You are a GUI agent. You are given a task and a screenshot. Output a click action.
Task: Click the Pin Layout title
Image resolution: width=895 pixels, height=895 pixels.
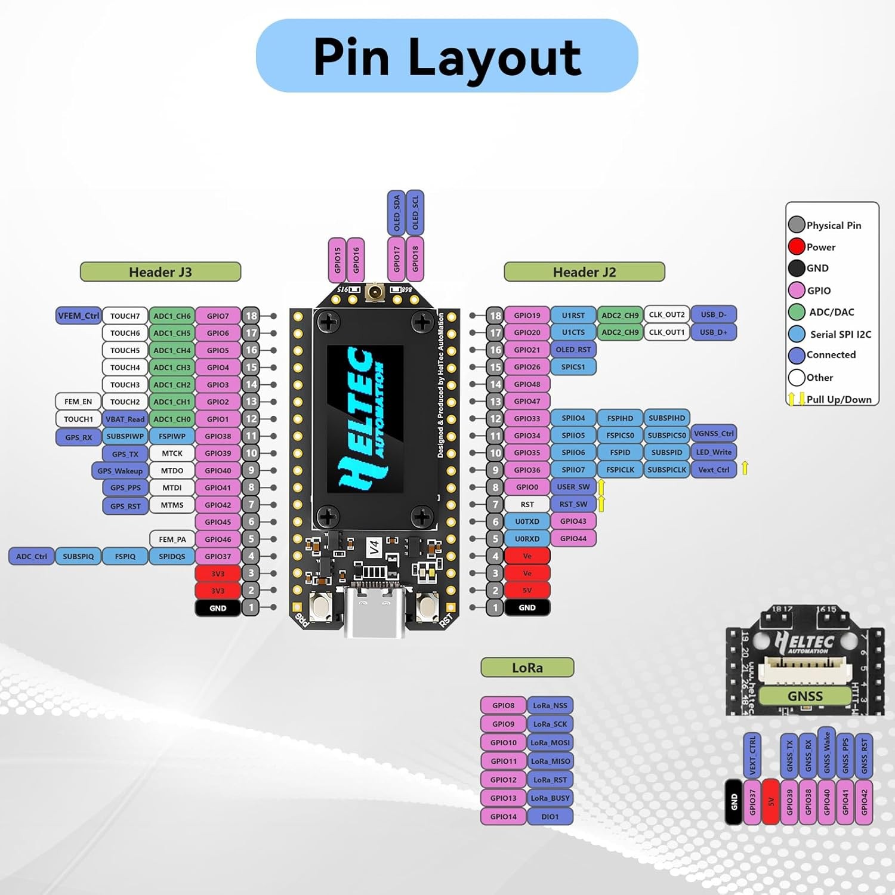click(447, 56)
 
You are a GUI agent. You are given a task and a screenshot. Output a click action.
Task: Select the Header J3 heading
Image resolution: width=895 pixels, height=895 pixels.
click(161, 272)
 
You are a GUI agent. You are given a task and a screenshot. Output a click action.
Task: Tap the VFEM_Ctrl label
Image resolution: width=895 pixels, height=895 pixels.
click(78, 316)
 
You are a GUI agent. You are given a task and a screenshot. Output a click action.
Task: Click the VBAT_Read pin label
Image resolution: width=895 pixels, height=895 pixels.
click(125, 419)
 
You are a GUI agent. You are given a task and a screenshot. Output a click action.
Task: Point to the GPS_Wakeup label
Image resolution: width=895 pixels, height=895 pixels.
click(120, 471)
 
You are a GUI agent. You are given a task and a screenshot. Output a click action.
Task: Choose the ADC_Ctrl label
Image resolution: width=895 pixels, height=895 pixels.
click(32, 556)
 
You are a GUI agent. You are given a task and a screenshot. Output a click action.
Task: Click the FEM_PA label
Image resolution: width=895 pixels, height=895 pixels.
click(172, 539)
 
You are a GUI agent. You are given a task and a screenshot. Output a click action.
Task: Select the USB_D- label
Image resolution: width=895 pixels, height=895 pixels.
click(714, 314)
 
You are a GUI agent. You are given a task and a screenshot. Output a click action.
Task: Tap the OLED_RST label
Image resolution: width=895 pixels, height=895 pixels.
click(573, 350)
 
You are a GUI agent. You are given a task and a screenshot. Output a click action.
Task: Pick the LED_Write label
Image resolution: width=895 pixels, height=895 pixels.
click(714, 452)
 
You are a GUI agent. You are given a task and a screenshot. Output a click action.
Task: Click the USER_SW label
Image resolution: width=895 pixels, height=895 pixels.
click(573, 487)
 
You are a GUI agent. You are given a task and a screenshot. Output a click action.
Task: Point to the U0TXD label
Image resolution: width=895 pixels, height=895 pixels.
click(527, 521)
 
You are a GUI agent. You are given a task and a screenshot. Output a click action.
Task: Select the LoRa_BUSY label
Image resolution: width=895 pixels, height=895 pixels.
click(550, 798)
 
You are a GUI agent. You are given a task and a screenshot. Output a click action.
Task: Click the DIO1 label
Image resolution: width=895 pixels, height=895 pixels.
click(550, 816)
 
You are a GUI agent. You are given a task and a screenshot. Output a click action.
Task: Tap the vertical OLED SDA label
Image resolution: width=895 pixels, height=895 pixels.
click(397, 213)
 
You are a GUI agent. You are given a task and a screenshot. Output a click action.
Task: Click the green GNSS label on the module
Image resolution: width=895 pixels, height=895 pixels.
click(805, 696)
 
